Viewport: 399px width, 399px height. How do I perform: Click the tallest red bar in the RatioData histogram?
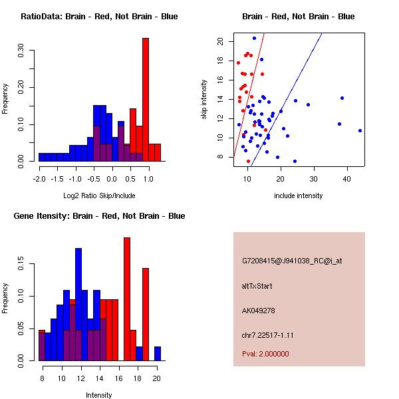[145, 100]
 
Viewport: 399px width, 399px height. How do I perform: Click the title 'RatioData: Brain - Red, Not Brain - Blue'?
[99, 17]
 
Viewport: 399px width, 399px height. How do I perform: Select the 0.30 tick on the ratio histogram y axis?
[21, 52]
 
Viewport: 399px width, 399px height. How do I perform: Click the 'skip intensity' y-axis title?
[205, 99]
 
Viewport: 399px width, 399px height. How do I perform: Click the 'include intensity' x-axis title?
[298, 196]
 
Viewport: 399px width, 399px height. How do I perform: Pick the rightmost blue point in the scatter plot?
[360, 130]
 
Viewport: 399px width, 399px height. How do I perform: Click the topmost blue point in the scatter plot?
[254, 39]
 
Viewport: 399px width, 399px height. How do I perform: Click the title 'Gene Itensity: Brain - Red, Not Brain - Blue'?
[99, 216]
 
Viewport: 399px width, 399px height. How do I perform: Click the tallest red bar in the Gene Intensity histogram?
[126, 299]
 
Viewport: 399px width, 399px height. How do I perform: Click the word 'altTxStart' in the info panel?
[257, 286]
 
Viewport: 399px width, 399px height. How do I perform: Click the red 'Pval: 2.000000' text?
[265, 354]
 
